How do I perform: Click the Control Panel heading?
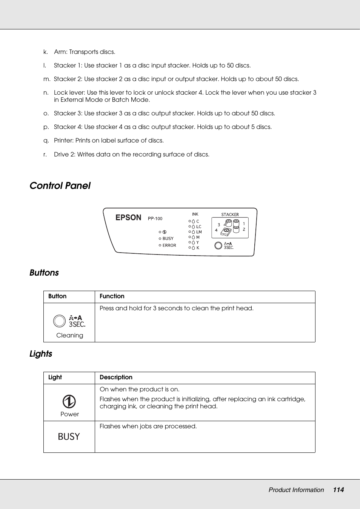(x=60, y=186)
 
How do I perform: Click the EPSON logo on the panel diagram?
(x=128, y=218)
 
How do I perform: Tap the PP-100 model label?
(x=155, y=219)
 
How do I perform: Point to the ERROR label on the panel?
(x=169, y=245)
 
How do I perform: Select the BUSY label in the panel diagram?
(x=168, y=239)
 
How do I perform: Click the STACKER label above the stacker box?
(x=230, y=215)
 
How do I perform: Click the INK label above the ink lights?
(x=195, y=214)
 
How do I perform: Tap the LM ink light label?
(x=199, y=232)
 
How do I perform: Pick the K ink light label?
(x=198, y=248)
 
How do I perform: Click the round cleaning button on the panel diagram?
(x=218, y=245)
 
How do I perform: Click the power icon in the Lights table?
(x=69, y=402)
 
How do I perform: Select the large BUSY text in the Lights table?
(x=69, y=437)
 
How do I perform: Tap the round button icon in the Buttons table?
(x=59, y=321)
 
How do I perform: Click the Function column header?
(x=112, y=296)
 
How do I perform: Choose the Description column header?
(x=116, y=377)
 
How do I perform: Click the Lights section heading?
(x=41, y=354)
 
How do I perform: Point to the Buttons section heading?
(x=44, y=273)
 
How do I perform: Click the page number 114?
(x=338, y=490)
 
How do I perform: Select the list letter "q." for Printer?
(x=46, y=141)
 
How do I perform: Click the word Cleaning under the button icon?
(x=69, y=335)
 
